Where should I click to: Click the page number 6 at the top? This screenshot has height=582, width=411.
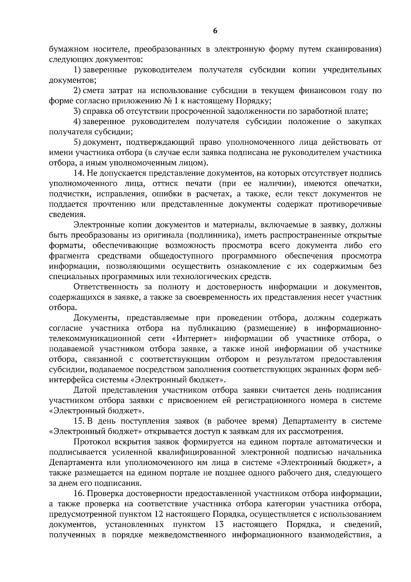215,31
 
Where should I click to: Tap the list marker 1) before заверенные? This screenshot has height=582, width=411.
77,70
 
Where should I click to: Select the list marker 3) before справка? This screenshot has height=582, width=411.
77,111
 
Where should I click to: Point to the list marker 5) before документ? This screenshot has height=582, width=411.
77,142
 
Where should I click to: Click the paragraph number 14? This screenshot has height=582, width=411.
79,173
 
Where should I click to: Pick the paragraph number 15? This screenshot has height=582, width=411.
79,421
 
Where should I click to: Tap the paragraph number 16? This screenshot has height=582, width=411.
79,493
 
